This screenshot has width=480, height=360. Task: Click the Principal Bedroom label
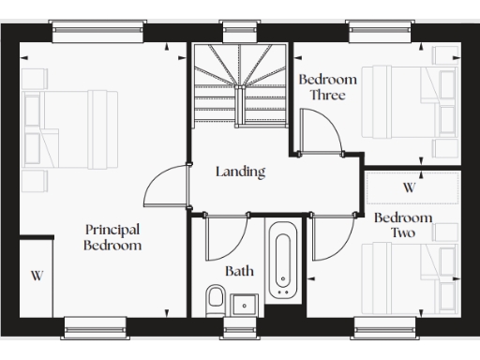(112, 237)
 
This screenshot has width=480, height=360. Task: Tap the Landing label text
(240, 172)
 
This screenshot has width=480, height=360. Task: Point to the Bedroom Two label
(403, 225)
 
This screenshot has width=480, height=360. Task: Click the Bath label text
(239, 271)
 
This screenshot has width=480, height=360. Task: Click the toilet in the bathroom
(215, 302)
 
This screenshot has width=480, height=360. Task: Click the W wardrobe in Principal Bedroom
(37, 276)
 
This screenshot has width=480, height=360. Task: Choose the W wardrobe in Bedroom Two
(410, 187)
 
